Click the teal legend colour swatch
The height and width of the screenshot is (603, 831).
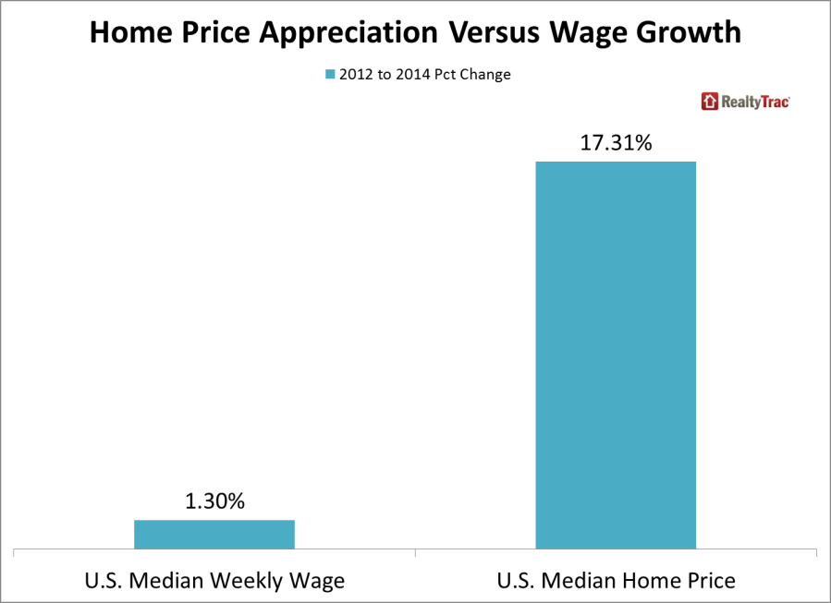(x=327, y=75)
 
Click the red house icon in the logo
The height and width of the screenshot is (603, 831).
(x=710, y=102)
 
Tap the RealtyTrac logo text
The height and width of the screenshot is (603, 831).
(x=755, y=102)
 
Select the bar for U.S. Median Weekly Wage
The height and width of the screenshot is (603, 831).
(x=214, y=535)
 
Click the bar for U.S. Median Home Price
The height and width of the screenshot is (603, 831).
(x=616, y=356)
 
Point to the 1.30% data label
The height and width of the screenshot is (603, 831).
(x=214, y=502)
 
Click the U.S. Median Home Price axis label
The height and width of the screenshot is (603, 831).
(x=616, y=581)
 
